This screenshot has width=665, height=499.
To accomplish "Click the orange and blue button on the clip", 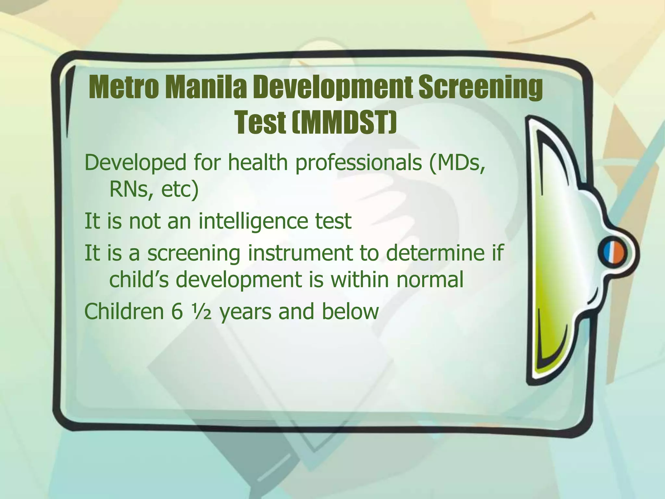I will point(614,254).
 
